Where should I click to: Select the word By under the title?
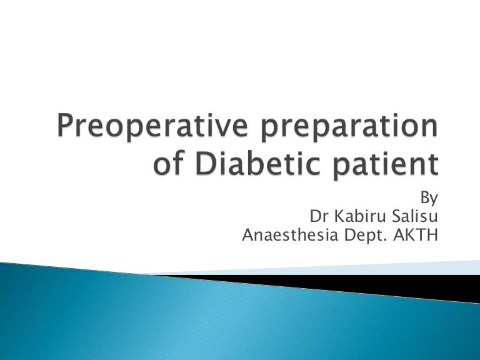(428, 199)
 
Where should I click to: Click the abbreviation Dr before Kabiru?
(318, 217)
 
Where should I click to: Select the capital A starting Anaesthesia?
(247, 236)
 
